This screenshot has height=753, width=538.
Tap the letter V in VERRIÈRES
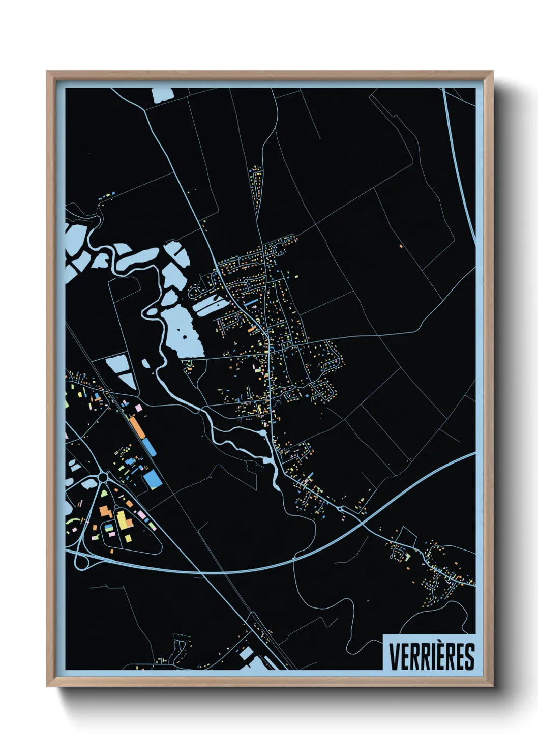click(394, 656)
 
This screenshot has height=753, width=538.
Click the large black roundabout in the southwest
click(104, 477)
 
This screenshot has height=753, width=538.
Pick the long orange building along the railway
click(137, 427)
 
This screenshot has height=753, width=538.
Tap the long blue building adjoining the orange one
click(148, 446)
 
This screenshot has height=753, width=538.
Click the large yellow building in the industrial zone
click(123, 520)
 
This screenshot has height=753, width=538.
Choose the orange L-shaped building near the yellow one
click(106, 511)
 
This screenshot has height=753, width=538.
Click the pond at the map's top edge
click(162, 95)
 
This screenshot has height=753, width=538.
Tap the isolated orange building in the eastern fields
click(401, 247)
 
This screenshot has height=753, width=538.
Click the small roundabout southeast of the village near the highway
click(340, 508)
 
